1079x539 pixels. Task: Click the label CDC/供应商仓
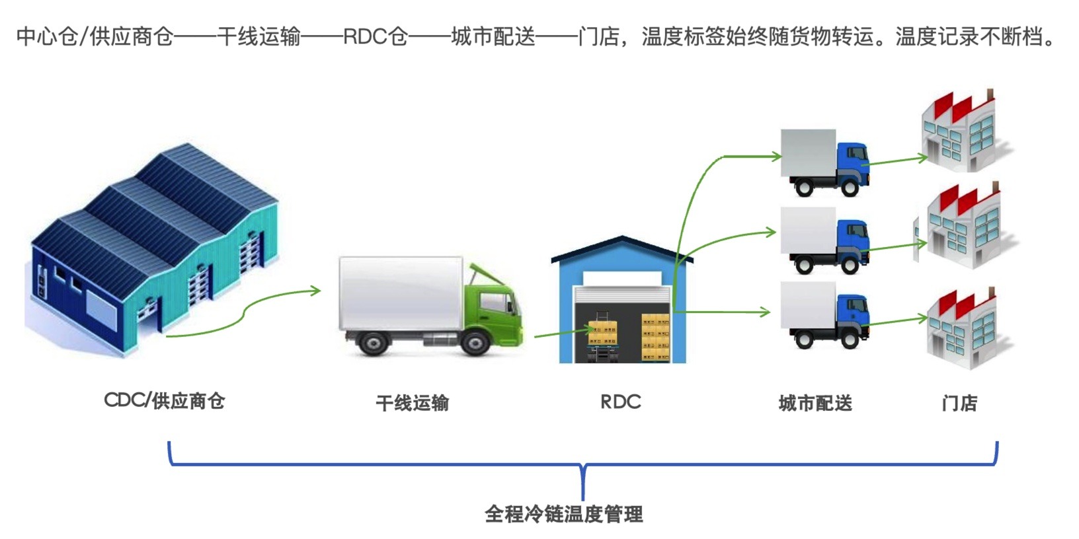(165, 401)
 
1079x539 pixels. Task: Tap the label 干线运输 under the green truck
(412, 403)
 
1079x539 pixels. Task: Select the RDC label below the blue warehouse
(620, 402)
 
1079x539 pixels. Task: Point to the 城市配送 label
(815, 403)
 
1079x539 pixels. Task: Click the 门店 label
(959, 403)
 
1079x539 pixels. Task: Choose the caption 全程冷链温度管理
(563, 514)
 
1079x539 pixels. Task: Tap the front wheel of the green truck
(474, 343)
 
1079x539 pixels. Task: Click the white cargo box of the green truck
(400, 294)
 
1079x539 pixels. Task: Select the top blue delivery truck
(824, 162)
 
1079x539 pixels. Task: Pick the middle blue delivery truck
(824, 240)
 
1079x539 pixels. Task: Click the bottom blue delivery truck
(824, 314)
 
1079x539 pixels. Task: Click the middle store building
(962, 228)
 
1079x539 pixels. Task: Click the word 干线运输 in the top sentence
(259, 36)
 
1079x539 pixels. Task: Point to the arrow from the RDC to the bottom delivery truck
(721, 312)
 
